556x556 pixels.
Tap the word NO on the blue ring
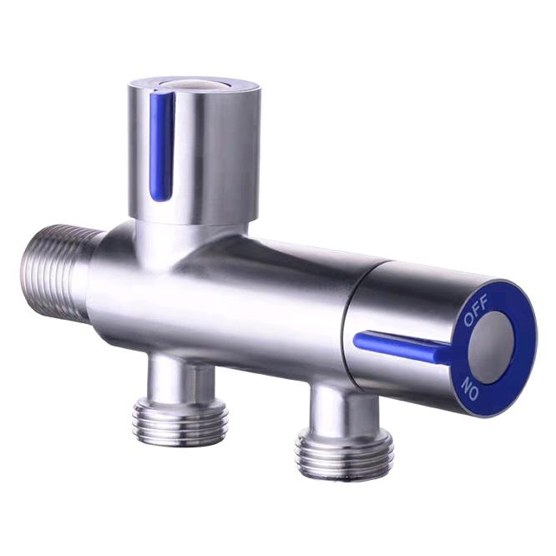pyautogui.click(x=470, y=389)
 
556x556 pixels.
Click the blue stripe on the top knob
pyautogui.click(x=162, y=146)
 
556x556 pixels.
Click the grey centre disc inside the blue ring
pyautogui.click(x=492, y=347)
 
